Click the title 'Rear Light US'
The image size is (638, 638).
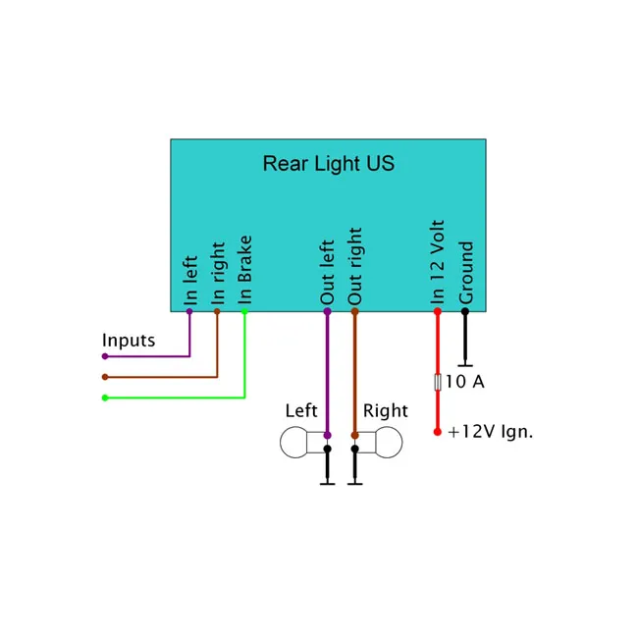tap(329, 164)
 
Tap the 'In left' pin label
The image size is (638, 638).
tap(190, 281)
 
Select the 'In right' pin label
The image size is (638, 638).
tap(218, 273)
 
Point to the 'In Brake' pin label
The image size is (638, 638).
tap(245, 269)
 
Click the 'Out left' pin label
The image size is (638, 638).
tap(328, 272)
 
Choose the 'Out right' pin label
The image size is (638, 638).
tap(354, 266)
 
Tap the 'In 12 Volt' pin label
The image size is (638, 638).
tap(438, 262)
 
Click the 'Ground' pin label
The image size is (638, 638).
tap(466, 273)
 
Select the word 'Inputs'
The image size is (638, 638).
tap(129, 341)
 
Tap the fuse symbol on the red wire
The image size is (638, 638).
tap(438, 382)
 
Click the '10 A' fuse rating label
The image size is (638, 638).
tap(465, 382)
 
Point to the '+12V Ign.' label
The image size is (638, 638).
tap(491, 432)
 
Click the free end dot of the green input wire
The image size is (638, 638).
tap(105, 398)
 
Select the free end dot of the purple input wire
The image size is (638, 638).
tap(105, 356)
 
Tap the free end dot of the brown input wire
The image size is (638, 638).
tap(105, 377)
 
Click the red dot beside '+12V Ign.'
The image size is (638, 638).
tap(438, 432)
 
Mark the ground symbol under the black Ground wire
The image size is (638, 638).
tap(465, 365)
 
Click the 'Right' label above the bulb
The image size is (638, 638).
tap(386, 411)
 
